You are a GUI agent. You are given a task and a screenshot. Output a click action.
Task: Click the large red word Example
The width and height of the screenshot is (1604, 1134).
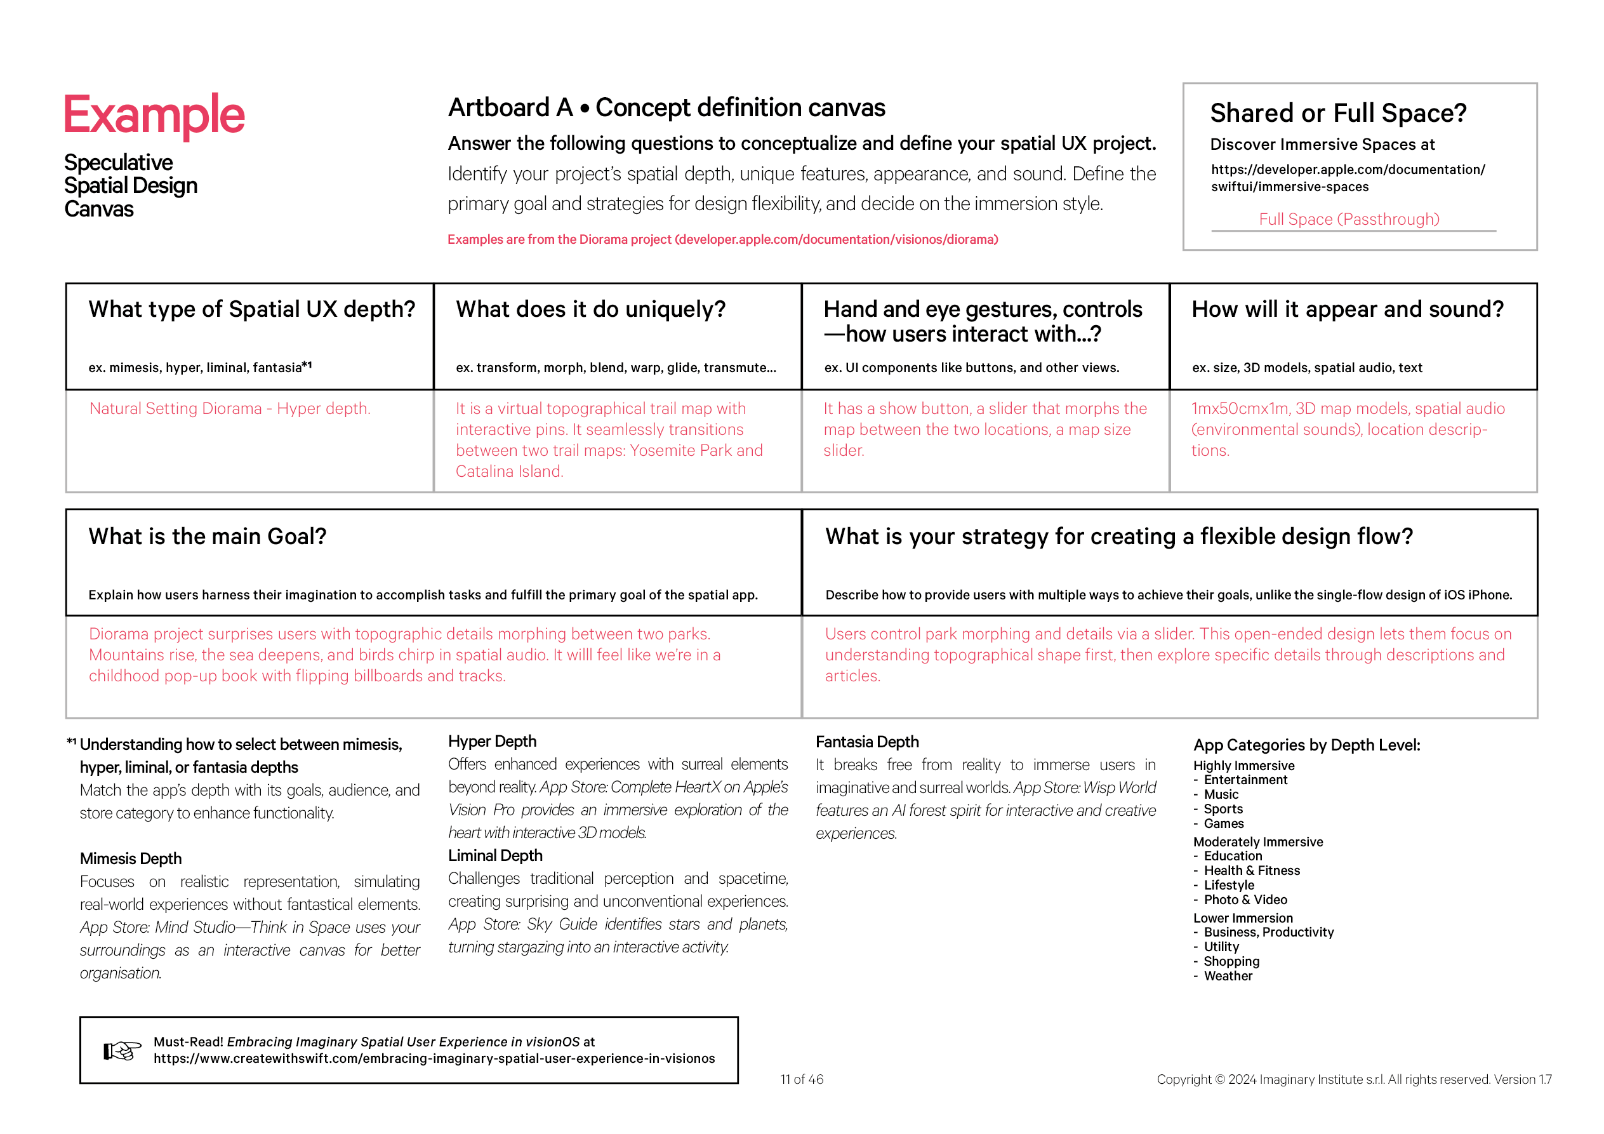click(154, 116)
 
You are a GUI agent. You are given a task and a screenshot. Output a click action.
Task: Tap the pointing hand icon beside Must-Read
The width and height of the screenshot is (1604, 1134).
click(123, 1050)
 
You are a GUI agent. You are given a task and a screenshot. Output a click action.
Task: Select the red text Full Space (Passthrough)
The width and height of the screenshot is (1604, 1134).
click(1348, 220)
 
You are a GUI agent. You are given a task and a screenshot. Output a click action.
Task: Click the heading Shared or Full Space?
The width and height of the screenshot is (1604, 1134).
click(1338, 113)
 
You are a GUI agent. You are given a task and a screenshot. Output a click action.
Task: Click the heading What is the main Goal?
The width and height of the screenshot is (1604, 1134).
click(208, 536)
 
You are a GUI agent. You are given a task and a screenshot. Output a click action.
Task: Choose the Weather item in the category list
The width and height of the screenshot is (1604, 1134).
click(1228, 976)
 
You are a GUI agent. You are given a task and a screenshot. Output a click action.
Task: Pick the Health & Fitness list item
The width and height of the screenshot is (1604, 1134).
click(1251, 871)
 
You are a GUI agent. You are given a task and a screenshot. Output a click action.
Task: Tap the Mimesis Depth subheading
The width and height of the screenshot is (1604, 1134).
click(131, 858)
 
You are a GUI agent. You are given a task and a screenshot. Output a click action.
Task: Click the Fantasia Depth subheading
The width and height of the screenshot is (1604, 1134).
click(867, 742)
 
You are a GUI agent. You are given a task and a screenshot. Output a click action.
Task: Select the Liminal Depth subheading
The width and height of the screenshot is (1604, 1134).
click(494, 856)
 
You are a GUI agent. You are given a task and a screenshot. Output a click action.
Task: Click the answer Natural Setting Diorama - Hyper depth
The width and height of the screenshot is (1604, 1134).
click(230, 409)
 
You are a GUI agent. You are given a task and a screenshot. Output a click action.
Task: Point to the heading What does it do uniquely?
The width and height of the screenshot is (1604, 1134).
click(590, 309)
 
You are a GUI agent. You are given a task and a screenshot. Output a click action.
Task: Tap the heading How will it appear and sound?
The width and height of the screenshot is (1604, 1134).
click(1347, 309)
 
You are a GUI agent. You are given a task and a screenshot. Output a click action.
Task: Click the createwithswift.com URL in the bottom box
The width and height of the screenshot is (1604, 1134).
click(434, 1058)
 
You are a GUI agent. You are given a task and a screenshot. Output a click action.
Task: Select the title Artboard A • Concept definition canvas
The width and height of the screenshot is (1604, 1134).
click(666, 107)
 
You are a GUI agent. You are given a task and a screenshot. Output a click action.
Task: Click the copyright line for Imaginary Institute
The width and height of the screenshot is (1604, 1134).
click(1353, 1079)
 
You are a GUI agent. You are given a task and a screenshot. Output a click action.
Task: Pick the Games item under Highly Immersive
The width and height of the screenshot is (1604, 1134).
click(1223, 824)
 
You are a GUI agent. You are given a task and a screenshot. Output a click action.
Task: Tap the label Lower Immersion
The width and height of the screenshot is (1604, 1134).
click(1243, 918)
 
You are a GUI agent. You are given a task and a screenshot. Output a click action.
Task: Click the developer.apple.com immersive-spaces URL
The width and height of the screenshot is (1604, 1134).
click(1348, 178)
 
